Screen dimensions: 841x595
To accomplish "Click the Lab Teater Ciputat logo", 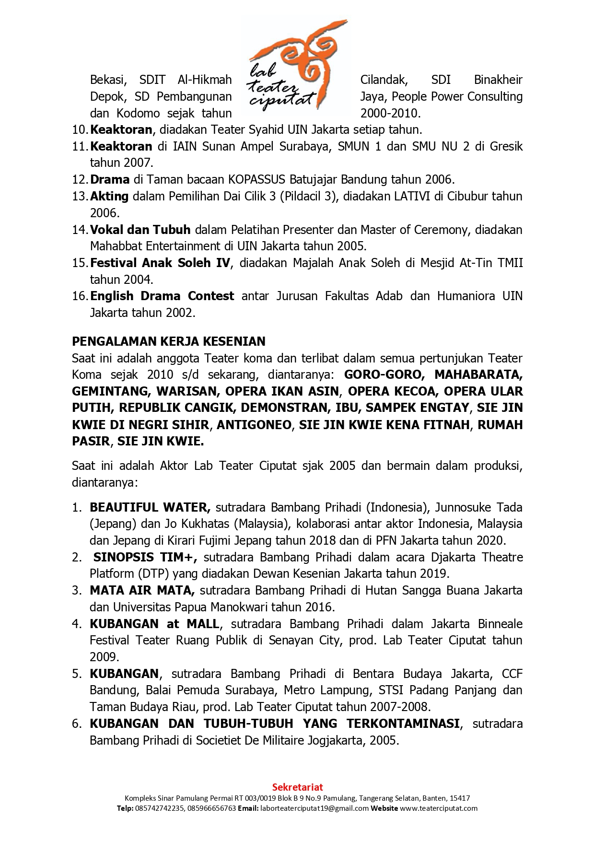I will (x=297, y=67).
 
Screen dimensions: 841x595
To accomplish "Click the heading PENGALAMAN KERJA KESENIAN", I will (x=168, y=341).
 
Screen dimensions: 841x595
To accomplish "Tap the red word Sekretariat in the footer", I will (x=297, y=787).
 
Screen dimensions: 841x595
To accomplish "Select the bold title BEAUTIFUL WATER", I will (x=150, y=507).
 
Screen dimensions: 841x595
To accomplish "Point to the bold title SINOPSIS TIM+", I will (x=145, y=557).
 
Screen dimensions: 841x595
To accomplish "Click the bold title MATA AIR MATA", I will (x=142, y=590).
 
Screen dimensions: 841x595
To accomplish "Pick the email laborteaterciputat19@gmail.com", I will (x=315, y=808).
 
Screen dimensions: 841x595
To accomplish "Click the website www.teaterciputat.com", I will (x=439, y=808).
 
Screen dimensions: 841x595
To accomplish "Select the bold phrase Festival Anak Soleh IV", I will (x=160, y=263).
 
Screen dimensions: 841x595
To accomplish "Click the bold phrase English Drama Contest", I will (x=162, y=296).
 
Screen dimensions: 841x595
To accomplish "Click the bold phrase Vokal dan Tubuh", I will (x=140, y=230).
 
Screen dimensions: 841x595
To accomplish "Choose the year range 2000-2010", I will (x=390, y=113).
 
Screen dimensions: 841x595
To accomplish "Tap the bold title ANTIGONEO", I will (x=254, y=425).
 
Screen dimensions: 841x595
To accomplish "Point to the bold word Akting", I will (x=109, y=196).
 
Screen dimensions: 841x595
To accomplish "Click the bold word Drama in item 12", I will (x=110, y=179).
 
